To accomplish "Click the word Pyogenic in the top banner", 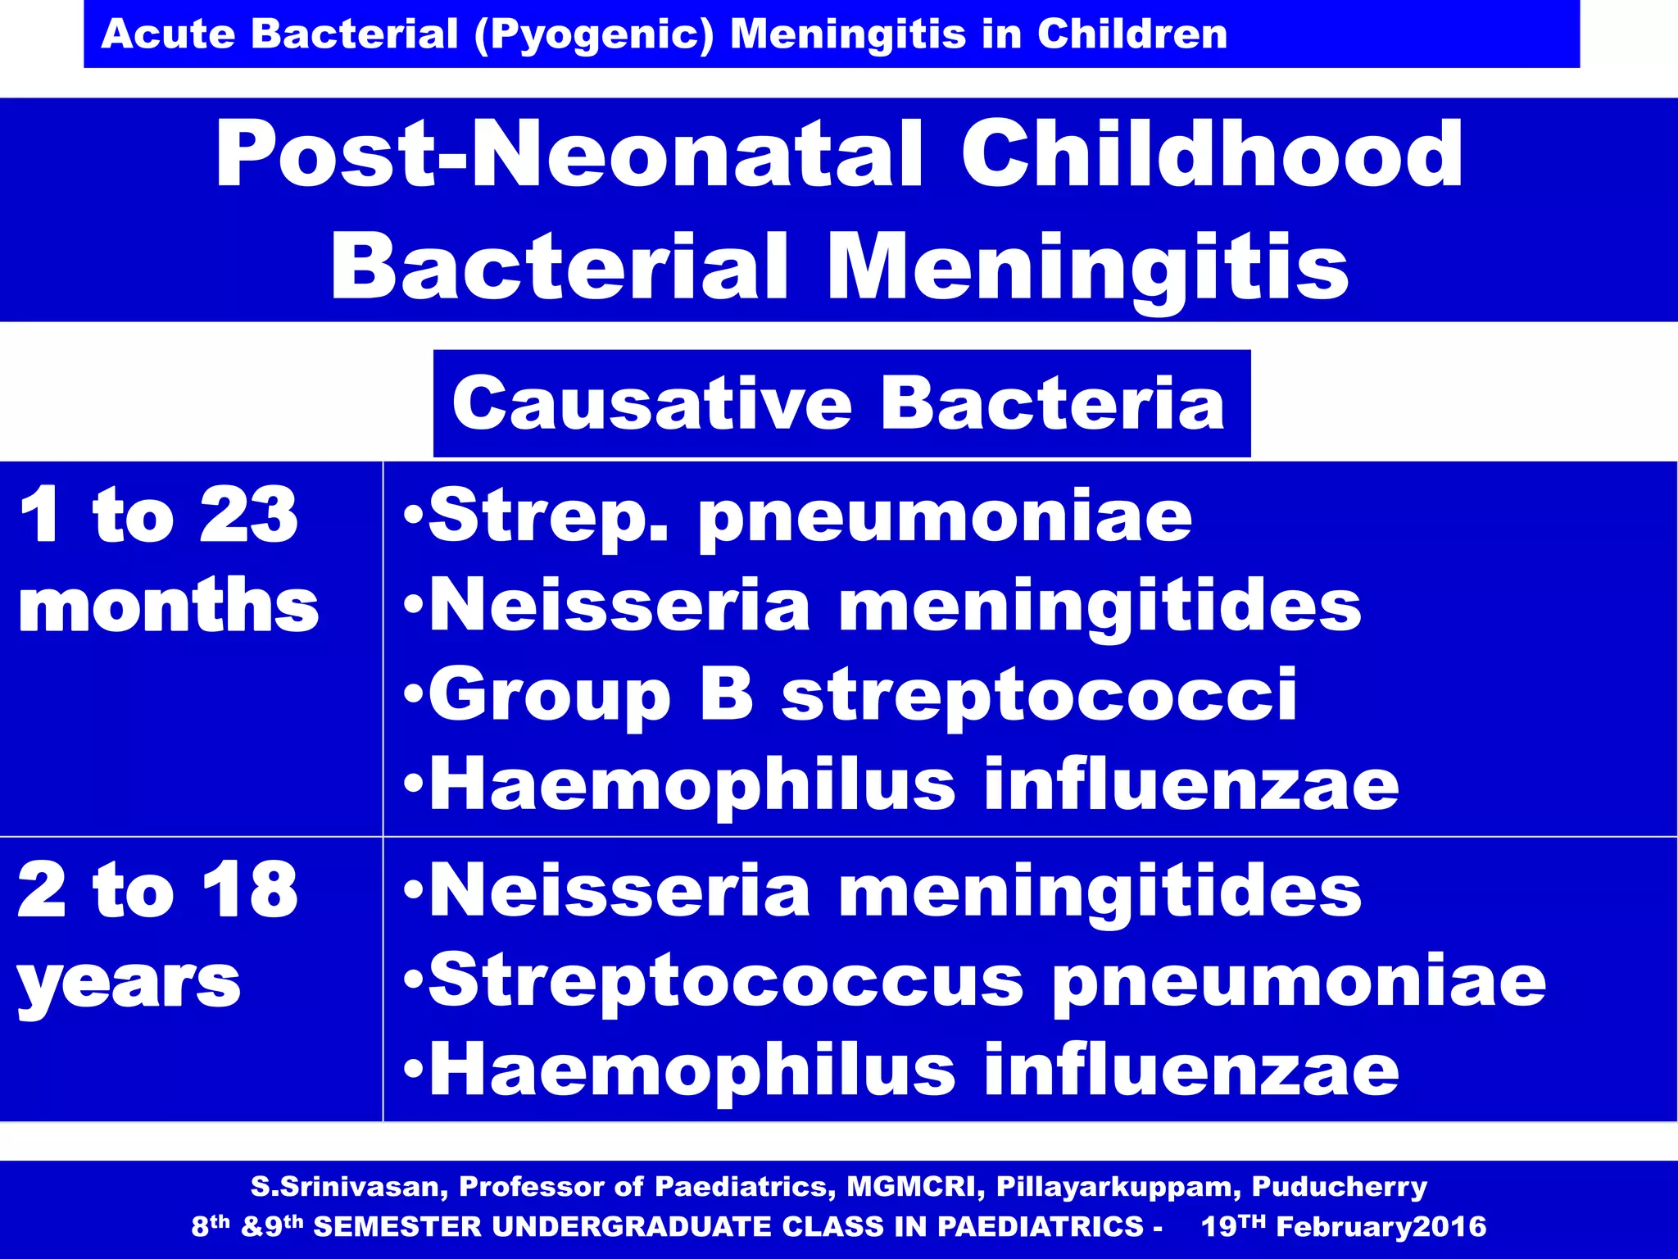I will (x=595, y=35).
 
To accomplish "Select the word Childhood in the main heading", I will (x=1211, y=154).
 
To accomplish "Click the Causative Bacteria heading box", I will (x=841, y=403).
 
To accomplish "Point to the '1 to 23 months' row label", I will (x=168, y=559).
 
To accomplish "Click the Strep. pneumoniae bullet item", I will (x=810, y=516).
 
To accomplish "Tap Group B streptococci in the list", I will (x=863, y=695).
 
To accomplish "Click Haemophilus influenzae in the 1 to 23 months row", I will (x=914, y=784).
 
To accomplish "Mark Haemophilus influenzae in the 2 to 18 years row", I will (x=914, y=1070).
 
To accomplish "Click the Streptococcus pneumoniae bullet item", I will (x=986, y=981).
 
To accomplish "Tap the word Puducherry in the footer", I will (x=1339, y=1186).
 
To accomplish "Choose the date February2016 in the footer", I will (x=1381, y=1226).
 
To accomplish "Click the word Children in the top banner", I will (x=1132, y=35).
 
